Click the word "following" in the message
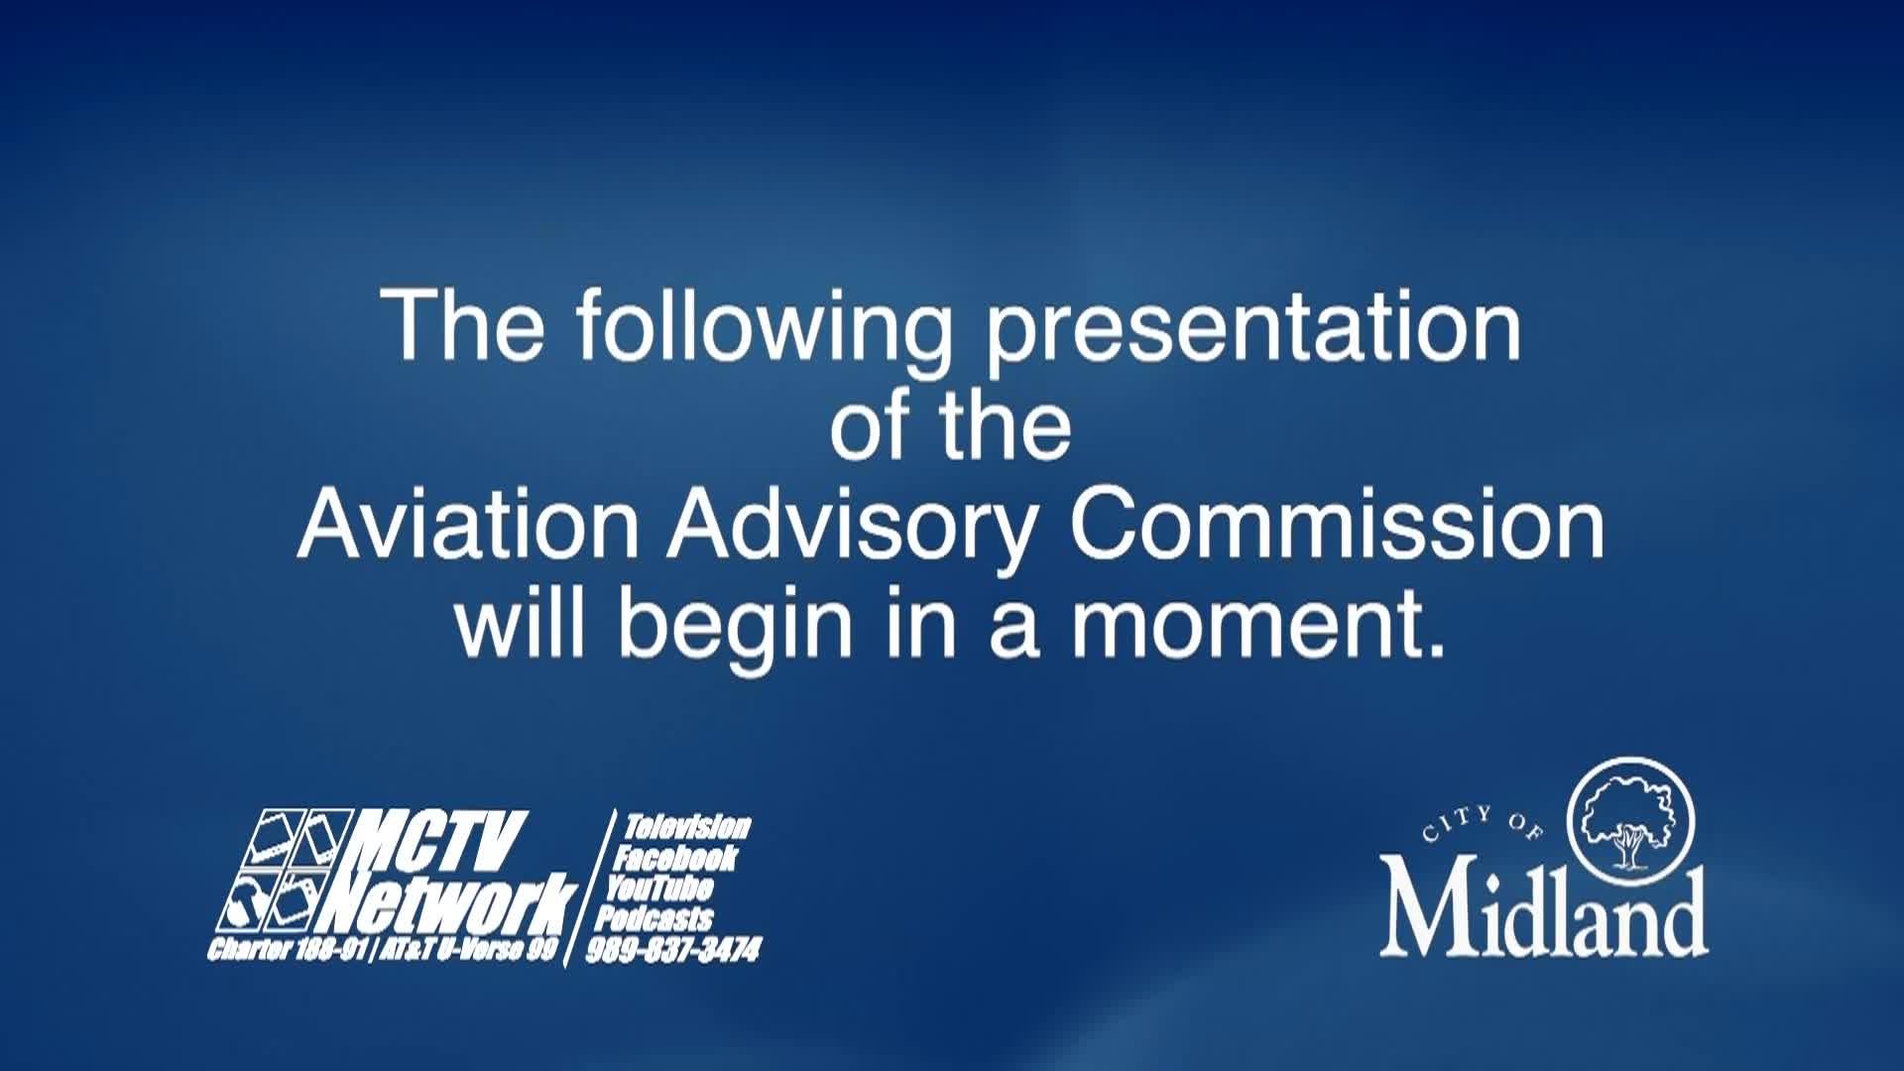coord(765,327)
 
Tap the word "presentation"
coord(1252,327)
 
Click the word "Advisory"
coord(852,527)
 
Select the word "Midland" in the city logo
coord(1544,909)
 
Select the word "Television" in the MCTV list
coord(687,826)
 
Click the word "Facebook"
coord(674,857)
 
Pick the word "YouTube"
coord(658,887)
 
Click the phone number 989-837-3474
coord(673,950)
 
